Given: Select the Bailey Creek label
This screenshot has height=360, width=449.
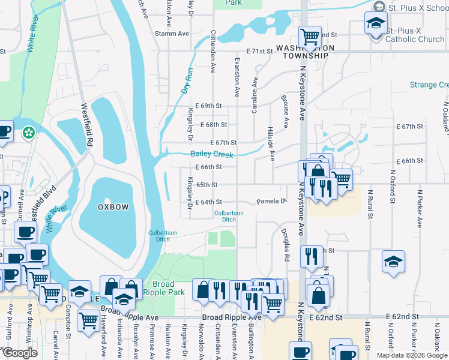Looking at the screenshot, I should [x=211, y=155].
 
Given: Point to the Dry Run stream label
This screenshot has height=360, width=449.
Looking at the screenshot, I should [x=187, y=82].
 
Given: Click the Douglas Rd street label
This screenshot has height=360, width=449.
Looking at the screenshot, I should [x=287, y=247].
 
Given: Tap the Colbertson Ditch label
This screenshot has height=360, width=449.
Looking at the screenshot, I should [x=229, y=216].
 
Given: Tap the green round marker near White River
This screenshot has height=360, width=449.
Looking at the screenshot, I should [x=28, y=133].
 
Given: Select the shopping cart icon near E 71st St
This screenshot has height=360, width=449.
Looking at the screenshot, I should [x=310, y=38].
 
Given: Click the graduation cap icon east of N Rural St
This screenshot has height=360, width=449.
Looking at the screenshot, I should [x=393, y=262].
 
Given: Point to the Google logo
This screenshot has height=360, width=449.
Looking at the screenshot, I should [x=19, y=353].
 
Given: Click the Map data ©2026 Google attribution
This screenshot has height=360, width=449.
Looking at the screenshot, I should [x=412, y=355].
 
